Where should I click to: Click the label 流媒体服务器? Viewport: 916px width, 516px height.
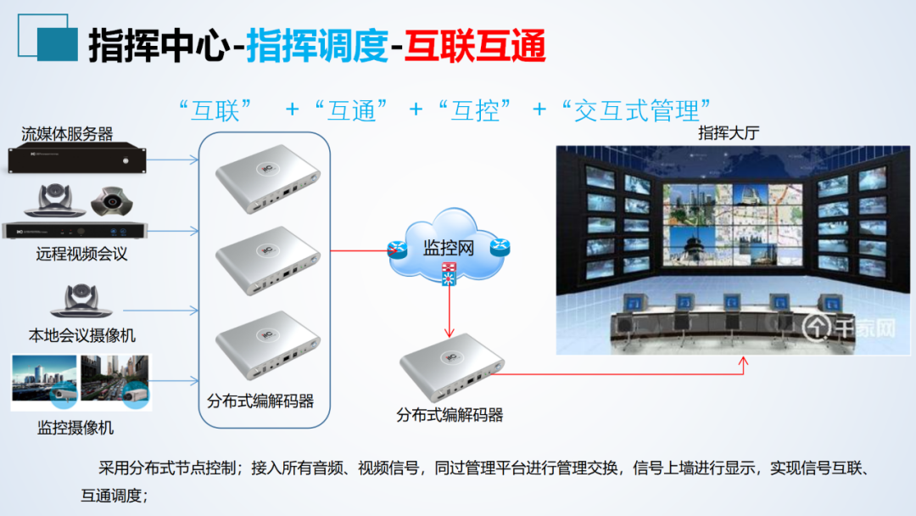click(x=67, y=133)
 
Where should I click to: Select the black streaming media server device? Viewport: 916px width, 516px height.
click(x=77, y=159)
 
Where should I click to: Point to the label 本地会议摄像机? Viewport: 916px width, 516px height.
click(x=81, y=335)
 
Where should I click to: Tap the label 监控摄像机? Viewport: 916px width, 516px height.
click(x=75, y=427)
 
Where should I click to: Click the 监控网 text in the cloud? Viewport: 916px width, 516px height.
click(x=448, y=249)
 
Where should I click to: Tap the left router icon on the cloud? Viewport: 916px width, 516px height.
click(x=397, y=250)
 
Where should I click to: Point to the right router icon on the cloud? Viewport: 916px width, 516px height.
click(x=500, y=248)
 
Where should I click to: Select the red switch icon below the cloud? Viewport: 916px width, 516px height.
click(x=447, y=272)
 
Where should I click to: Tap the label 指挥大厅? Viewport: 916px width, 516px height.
click(x=726, y=133)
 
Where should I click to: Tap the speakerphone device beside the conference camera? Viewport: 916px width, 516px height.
click(x=112, y=201)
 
